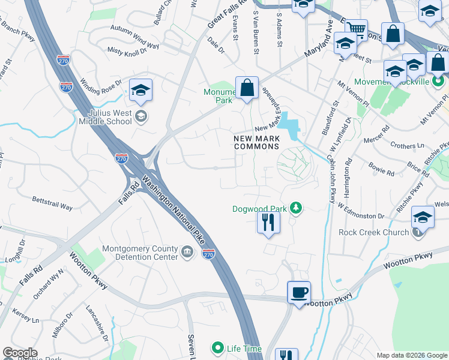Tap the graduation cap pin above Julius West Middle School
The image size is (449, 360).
click(140, 91)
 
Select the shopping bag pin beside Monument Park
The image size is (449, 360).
click(247, 88)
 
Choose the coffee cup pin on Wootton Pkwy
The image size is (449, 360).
click(299, 293)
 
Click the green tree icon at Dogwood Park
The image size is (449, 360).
click(295, 208)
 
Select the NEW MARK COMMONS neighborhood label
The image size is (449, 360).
click(257, 142)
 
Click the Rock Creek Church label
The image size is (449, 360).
click(373, 232)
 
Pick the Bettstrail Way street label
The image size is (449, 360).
click(52, 203)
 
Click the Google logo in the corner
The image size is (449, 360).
click(20, 353)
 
